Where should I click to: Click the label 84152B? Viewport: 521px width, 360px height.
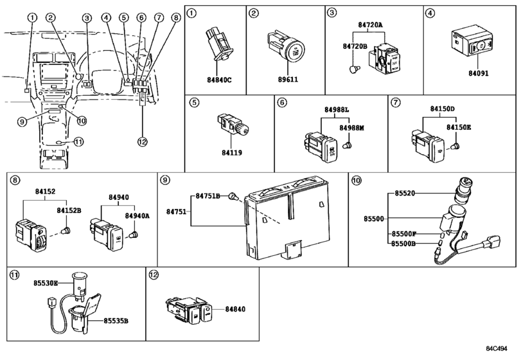click(69, 210)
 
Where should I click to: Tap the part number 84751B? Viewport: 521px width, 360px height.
click(208, 195)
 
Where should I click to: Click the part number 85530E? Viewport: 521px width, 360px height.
click(46, 283)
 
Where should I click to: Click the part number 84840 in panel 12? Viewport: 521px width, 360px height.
click(236, 309)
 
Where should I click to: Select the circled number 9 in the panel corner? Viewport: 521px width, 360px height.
click(165, 181)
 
